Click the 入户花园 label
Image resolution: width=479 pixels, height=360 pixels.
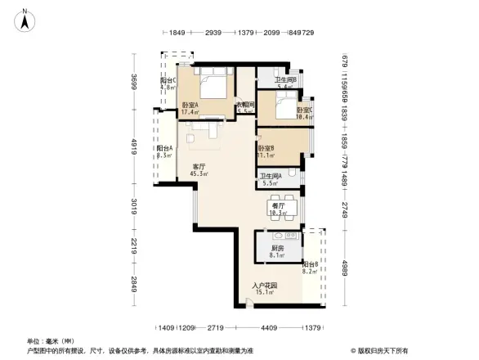[264, 289]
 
